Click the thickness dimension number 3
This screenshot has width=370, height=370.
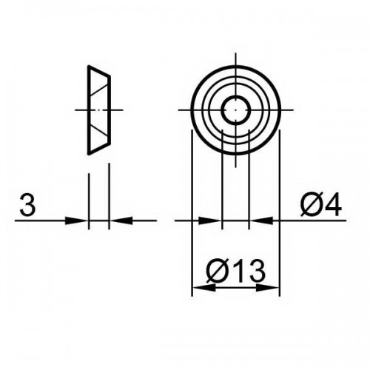(x=27, y=204)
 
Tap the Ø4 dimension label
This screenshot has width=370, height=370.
(x=321, y=204)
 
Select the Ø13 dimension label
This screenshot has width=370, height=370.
(x=236, y=272)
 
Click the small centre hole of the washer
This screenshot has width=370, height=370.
(x=236, y=110)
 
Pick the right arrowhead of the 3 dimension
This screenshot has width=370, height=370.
(x=121, y=221)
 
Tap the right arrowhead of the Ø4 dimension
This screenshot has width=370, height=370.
(x=261, y=221)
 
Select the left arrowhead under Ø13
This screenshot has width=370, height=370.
(x=203, y=288)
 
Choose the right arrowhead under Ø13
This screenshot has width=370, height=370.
(x=268, y=288)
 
